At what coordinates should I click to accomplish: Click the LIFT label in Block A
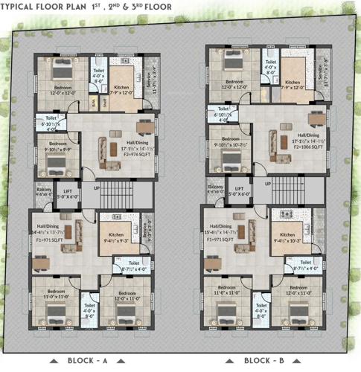click(x=69, y=192)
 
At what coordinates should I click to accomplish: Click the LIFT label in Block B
click(x=240, y=190)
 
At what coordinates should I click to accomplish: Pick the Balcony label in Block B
click(x=216, y=188)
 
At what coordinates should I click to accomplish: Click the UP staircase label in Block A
click(x=97, y=187)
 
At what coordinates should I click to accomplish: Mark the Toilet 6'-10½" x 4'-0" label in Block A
click(x=51, y=121)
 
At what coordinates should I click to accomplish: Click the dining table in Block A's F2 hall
click(x=141, y=121)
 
